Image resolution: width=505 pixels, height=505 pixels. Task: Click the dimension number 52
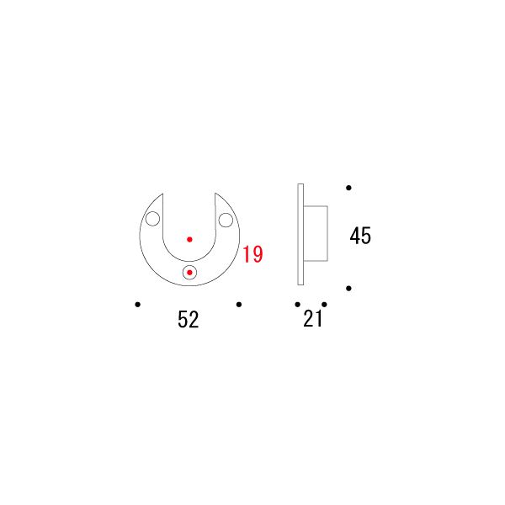[188, 320]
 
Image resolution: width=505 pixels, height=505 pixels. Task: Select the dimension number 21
[312, 319]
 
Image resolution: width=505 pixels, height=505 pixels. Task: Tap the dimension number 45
[360, 236]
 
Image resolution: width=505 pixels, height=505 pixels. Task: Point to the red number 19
[252, 254]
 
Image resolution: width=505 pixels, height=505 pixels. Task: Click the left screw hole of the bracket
[152, 219]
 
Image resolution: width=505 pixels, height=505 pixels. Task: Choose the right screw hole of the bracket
[226, 220]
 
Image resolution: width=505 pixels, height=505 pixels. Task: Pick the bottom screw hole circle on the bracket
[189, 273]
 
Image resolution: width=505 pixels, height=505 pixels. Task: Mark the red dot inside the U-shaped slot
[189, 239]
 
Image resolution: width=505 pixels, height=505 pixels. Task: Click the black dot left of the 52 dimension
[137, 305]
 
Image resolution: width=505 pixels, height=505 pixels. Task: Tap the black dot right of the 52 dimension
[239, 305]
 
